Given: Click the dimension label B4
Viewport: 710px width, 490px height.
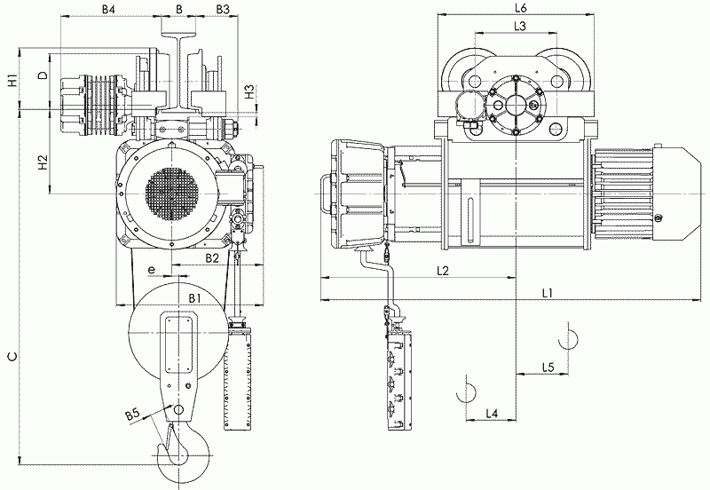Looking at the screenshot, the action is coord(108,9).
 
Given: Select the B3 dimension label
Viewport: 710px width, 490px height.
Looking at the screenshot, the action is coord(223,9).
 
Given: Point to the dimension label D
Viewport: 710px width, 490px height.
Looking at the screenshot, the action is coord(43,75).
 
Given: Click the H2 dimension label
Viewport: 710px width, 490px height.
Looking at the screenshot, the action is coord(43,162).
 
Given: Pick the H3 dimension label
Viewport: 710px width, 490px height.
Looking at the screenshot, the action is coord(249,92).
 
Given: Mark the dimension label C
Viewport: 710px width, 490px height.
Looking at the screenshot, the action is coord(13,357).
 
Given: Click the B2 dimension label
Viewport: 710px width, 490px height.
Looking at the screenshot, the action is coord(212,258).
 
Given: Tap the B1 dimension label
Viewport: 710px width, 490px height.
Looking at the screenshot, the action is coord(194,297).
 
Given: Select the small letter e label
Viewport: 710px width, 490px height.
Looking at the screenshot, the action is coord(152,270).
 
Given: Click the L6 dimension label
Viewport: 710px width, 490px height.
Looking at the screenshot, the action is coord(521,8).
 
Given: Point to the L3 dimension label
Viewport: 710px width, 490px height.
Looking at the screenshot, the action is coord(520,27).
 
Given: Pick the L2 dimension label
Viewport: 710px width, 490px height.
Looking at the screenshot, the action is coord(442,271).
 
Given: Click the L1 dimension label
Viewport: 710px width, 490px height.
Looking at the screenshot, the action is coord(548,293).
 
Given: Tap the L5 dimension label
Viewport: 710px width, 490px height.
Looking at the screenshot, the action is coord(548,367).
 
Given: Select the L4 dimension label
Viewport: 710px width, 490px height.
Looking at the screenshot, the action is coord(492,413).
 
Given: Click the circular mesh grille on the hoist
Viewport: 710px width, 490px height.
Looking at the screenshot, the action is coord(172,195).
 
